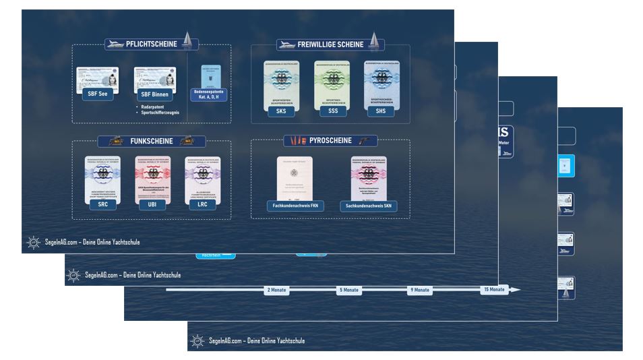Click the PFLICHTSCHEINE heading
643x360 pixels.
[x=152, y=44]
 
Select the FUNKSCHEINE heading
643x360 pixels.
[x=152, y=142]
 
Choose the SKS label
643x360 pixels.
[x=281, y=111]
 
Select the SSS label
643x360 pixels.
[x=332, y=111]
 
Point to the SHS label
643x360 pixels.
[x=381, y=111]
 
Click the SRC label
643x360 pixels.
[x=102, y=205]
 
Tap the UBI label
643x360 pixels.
[x=152, y=205]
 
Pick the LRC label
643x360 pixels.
[x=202, y=205]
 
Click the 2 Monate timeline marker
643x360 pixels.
[x=277, y=290]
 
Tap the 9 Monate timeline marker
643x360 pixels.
[x=419, y=290]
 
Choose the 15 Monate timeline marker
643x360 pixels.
[x=493, y=289]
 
